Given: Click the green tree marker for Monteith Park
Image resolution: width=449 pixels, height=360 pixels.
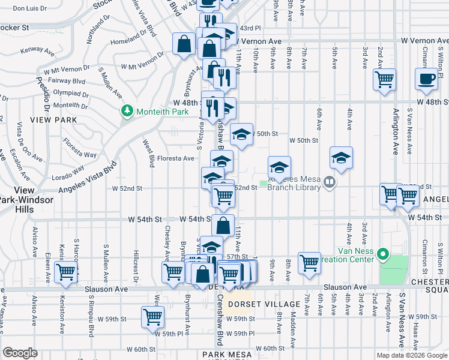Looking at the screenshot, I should (x=127, y=111).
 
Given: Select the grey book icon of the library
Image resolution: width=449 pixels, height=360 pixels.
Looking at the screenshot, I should (x=329, y=181).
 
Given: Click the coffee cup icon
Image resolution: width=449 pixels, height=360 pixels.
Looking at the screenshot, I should (x=427, y=80).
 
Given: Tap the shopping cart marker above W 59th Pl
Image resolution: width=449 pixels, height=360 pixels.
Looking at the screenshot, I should (x=153, y=316).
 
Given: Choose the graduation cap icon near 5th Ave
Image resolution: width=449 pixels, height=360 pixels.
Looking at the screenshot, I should (x=341, y=158).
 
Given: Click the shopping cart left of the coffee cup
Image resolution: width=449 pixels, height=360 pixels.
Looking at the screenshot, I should (x=384, y=79).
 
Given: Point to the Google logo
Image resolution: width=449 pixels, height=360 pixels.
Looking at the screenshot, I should (x=19, y=353).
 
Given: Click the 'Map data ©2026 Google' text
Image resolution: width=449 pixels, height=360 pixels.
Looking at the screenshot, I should (x=411, y=355).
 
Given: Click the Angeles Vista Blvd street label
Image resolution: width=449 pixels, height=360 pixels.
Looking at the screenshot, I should (x=85, y=178).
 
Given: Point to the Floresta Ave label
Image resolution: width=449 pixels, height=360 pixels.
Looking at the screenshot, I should (x=176, y=158).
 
